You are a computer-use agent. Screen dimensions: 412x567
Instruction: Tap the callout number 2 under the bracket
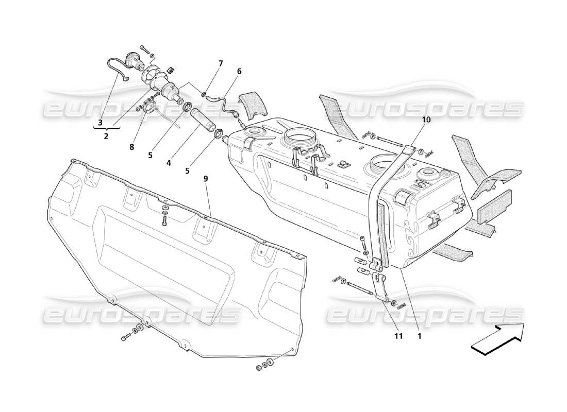pos(106,137)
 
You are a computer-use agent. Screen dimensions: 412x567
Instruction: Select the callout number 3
pos(100,123)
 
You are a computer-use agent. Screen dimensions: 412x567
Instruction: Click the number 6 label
pos(239,72)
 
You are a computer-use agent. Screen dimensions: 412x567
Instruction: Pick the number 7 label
pos(220,63)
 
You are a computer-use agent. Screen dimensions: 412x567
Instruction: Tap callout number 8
pos(131,147)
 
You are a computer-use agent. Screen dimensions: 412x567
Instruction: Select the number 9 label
pos(206,179)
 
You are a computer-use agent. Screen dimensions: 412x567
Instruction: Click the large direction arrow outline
pos(497,339)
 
